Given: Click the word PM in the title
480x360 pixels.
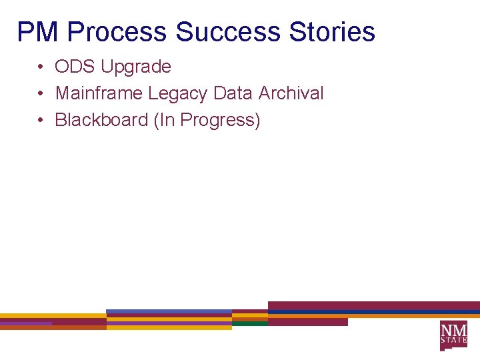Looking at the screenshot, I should point(39,31).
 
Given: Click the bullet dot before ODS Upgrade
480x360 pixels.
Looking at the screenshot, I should point(41,67).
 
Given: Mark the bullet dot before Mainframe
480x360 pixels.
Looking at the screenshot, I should point(41,94).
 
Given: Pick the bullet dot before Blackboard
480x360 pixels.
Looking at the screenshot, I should point(41,121).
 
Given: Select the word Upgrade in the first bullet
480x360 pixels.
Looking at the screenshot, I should point(136,67).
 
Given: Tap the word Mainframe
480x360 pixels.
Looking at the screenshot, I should point(99,93).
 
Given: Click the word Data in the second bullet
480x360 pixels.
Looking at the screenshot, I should point(233,93).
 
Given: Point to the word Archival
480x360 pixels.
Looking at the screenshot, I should point(291,93).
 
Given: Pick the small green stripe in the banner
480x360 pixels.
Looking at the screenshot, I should point(250,323).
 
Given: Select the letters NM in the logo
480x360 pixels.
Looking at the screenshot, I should point(453,329).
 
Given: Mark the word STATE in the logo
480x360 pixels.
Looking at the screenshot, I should point(453,340).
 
